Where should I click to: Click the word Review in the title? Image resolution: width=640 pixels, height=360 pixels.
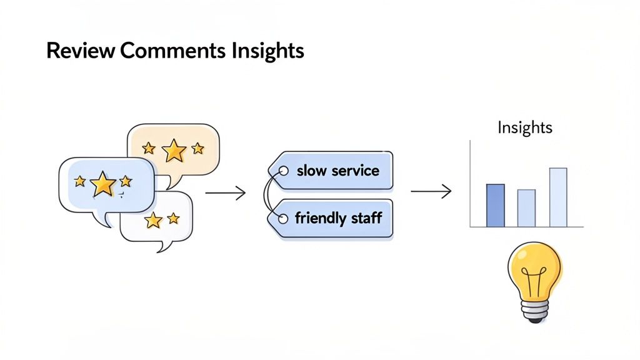pos(80,51)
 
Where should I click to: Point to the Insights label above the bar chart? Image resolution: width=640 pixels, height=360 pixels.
pos(525,128)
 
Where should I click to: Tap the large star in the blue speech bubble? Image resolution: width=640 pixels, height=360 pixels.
pos(102,184)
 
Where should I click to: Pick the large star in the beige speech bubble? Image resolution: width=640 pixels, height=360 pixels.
pos(174,150)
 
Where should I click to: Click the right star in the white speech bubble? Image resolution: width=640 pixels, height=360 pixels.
pos(173,218)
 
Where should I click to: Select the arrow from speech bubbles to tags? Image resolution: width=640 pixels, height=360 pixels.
pos(225,193)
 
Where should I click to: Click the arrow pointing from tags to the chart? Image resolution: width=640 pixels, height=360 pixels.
pos(431,192)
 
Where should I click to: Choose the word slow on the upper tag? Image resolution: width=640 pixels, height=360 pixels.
pos(311,171)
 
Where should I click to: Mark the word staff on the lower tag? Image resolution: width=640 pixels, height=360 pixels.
pos(366,219)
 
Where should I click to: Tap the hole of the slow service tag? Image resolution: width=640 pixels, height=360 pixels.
pos(283,170)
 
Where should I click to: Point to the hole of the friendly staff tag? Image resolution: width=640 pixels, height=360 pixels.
pos(282,218)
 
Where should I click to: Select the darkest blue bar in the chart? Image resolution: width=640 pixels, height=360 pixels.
pos(495,206)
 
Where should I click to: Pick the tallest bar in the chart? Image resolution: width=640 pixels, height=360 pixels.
pos(558,197)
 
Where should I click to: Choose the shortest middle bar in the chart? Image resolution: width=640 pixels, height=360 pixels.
pos(526,208)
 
